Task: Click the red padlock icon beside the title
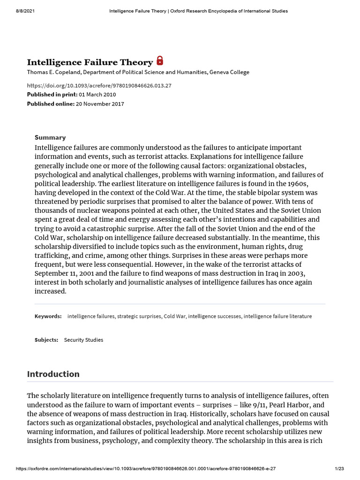[160, 60]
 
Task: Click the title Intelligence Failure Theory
[90, 62]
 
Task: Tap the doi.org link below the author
[99, 85]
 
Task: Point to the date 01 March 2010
[97, 95]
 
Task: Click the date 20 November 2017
[99, 104]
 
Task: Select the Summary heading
[50, 137]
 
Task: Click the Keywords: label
[48, 316]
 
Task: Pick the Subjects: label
[46, 340]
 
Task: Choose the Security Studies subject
[83, 340]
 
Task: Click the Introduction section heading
[53, 374]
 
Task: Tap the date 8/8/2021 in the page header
[18, 11]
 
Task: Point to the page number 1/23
[339, 469]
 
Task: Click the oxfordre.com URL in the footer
[132, 469]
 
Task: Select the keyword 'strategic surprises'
[139, 316]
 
